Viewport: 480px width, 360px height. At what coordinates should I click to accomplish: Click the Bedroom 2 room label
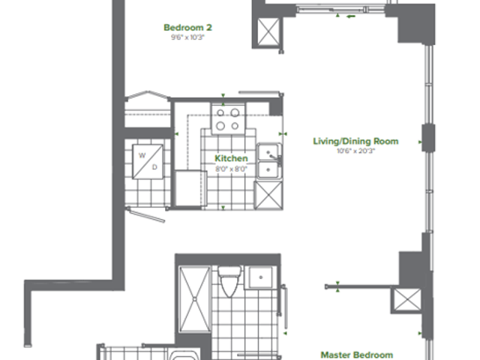point(187,28)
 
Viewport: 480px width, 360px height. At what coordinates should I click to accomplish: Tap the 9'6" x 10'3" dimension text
point(187,37)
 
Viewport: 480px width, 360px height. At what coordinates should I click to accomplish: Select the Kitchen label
point(231,158)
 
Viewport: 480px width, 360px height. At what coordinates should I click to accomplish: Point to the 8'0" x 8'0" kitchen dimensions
point(231,169)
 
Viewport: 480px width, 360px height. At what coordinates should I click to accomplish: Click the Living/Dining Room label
point(355,141)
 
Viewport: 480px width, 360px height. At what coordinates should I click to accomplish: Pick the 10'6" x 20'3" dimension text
point(355,151)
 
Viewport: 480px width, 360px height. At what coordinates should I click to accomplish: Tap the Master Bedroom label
point(357,355)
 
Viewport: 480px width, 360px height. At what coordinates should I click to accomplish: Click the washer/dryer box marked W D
point(148,162)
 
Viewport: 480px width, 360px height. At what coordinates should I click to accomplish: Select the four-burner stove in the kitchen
point(228,119)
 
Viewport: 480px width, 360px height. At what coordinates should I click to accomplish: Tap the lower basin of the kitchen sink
point(268,170)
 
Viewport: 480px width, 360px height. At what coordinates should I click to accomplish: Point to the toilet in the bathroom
point(230,281)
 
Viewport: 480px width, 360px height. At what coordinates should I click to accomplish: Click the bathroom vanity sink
point(260,277)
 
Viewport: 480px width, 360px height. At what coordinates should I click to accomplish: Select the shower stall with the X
point(195,299)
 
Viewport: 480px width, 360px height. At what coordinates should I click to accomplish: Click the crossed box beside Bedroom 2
point(268,31)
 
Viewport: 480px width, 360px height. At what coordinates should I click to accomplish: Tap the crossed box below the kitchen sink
point(268,195)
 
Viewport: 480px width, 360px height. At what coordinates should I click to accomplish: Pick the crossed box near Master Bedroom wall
point(407,300)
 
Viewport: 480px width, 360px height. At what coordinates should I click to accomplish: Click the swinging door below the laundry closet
point(146,214)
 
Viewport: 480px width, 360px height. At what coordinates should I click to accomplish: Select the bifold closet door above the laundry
point(148,95)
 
